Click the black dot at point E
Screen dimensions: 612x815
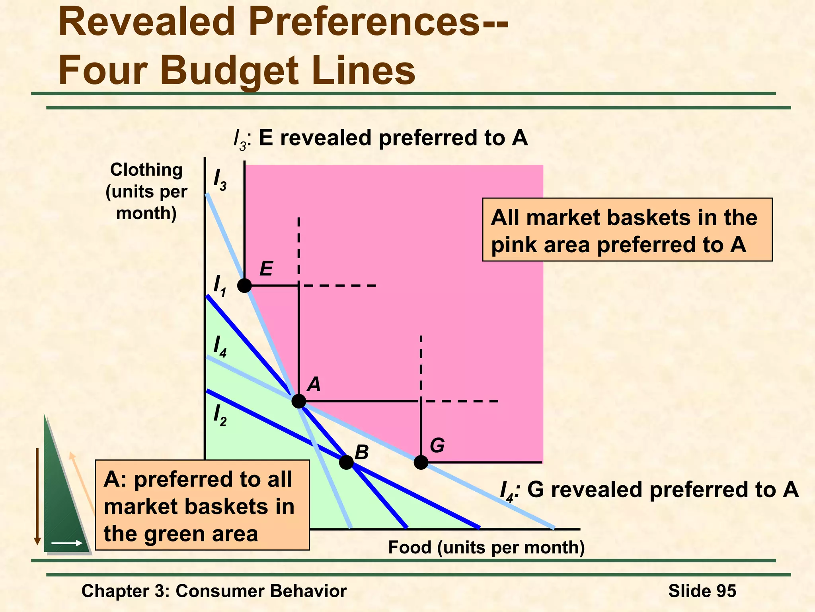point(244,285)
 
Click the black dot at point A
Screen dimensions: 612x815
point(299,401)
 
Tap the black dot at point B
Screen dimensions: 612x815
point(346,462)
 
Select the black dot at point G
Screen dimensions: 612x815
point(421,462)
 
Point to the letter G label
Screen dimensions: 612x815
point(437,445)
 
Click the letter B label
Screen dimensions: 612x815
point(361,452)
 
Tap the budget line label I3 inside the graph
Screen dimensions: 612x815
point(220,180)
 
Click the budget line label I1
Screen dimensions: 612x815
point(220,286)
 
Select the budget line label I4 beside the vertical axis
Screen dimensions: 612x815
point(220,347)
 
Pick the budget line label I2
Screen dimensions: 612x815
point(220,416)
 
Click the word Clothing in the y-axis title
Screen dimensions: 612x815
point(146,170)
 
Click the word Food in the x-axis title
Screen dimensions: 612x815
point(410,547)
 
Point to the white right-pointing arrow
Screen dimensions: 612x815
point(66,543)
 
